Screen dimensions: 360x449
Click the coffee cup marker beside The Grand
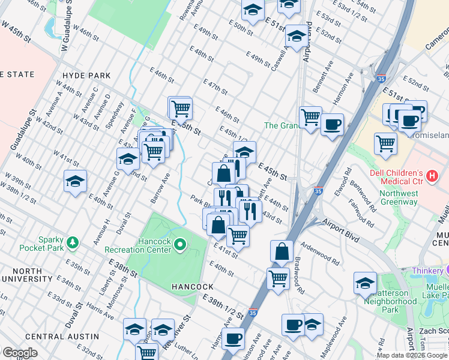[x=332, y=125]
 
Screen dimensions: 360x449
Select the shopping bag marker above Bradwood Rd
[x=282, y=251]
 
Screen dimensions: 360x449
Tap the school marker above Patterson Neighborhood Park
[x=365, y=283]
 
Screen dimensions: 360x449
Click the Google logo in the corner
[x=20, y=353]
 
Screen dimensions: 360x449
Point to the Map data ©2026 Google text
[x=412, y=355]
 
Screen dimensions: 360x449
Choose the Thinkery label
[x=431, y=271]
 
